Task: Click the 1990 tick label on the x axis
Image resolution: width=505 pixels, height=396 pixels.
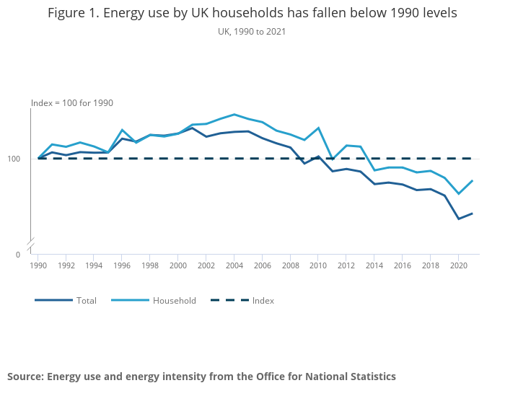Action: point(38,265)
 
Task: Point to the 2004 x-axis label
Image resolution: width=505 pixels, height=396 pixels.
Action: point(234,265)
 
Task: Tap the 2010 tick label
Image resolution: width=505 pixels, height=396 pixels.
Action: point(317,265)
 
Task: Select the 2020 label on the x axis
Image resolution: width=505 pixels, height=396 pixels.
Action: point(457,265)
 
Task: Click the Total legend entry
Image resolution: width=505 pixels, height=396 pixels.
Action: point(86,301)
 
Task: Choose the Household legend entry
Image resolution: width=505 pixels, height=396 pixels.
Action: point(174,301)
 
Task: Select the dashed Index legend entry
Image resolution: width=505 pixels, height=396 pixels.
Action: point(263,301)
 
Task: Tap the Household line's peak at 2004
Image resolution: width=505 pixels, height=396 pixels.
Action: point(234,114)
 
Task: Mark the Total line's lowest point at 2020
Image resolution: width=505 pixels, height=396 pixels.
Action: point(458,219)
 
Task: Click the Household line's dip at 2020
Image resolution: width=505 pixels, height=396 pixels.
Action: point(458,193)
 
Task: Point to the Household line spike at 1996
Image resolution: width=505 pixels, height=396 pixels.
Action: point(122,130)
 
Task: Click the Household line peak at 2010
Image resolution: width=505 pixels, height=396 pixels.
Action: point(318,128)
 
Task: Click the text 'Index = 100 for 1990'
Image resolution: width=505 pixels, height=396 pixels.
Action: point(72,103)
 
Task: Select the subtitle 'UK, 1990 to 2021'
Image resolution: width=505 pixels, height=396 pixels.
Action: point(252,32)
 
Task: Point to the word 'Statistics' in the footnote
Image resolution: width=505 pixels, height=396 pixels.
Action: point(369,377)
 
